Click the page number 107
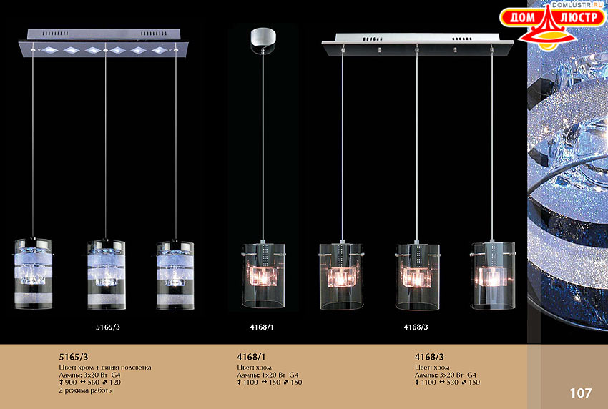pos(581,393)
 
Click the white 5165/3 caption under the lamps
pos(108,327)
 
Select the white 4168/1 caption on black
pos(262,327)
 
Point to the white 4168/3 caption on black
pos(416,327)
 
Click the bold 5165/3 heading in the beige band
pos(74,357)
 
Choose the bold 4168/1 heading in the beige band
pos(251,357)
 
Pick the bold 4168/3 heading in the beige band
pos(429,357)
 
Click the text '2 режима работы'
pos(86,390)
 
